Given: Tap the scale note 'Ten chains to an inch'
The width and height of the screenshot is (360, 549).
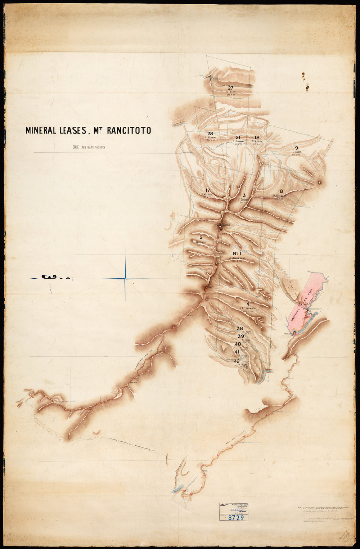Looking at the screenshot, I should pos(88,147).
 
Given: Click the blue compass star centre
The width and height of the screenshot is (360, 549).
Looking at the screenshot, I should pos(125,279).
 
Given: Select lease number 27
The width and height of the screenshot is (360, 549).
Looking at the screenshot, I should pos(231,88).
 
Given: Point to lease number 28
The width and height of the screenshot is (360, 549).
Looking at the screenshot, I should pos(210,134).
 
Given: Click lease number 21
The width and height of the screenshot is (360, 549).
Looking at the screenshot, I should pos(238,138).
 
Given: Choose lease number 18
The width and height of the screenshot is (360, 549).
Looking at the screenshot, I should pos(257,138).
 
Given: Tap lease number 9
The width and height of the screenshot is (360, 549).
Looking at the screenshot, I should pos(296,148).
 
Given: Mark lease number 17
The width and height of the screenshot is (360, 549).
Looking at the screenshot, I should pos(207,190).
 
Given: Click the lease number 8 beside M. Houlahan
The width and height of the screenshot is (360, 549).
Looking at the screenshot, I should pos(282,191).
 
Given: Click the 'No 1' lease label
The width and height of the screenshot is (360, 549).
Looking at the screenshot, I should pos(237,253).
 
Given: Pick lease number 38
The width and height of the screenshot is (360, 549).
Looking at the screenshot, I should pos(240,328).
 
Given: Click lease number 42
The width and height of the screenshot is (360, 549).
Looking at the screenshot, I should pos(237,361).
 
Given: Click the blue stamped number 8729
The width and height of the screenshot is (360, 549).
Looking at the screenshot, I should pos(236,518).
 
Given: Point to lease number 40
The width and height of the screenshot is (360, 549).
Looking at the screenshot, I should pos(238,344).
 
